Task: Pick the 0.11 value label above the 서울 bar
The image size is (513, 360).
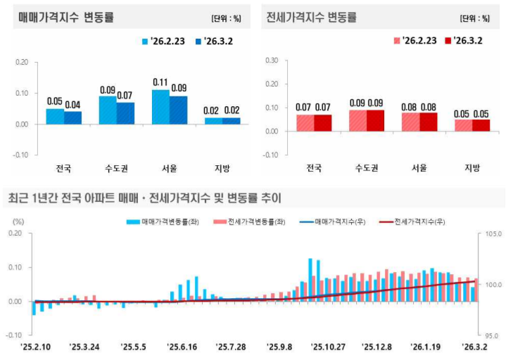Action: pyautogui.click(x=161, y=82)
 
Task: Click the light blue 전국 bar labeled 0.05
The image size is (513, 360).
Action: pyautogui.click(x=55, y=116)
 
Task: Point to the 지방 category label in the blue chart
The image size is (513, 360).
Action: pyautogui.click(x=222, y=168)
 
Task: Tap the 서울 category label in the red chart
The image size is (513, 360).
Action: pyautogui.click(x=419, y=167)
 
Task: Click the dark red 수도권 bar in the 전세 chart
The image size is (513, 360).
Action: pyautogui.click(x=376, y=120)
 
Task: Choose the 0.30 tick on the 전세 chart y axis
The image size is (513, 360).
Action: pyautogui.click(x=270, y=60)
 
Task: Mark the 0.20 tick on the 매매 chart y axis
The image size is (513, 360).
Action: pyautogui.click(x=21, y=62)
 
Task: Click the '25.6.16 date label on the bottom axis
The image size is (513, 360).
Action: pyautogui.click(x=182, y=347)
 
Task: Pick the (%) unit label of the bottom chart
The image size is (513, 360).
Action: pyautogui.click(x=19, y=221)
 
